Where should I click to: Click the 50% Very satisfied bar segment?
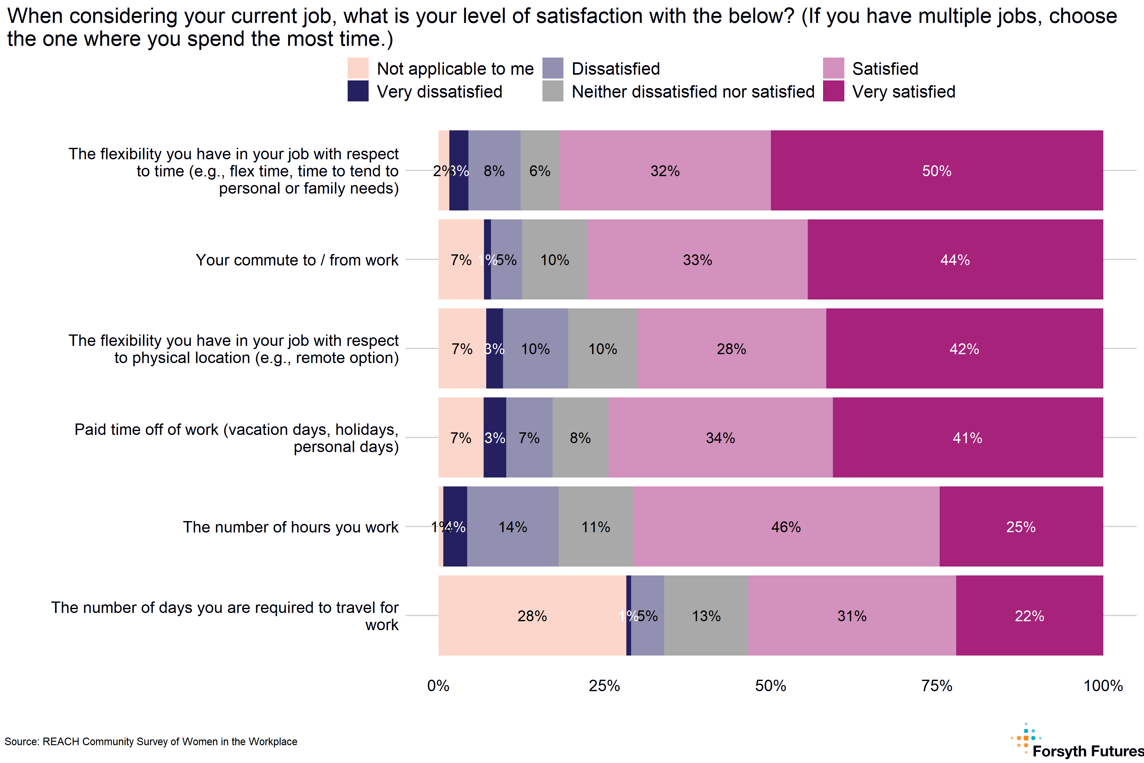pos(936,170)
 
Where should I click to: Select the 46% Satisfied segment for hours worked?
pos(786,526)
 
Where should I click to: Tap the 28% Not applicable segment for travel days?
pos(532,615)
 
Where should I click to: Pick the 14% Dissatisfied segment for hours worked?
pos(513,526)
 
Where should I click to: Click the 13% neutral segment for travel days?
pos(706,615)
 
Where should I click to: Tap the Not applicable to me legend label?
pos(455,69)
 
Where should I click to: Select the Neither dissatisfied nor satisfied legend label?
pos(693,92)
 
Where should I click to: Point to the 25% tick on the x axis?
pos(604,686)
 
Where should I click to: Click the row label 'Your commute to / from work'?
pos(297,260)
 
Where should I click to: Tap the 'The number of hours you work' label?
pos(290,527)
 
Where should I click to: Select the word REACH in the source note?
pos(61,742)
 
